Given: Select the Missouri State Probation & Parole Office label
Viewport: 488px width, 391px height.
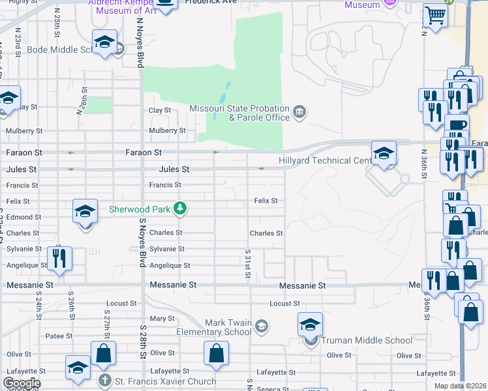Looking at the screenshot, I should pyautogui.click(x=239, y=113).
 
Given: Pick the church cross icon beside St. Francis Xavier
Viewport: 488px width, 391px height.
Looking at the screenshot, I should pyautogui.click(x=105, y=381).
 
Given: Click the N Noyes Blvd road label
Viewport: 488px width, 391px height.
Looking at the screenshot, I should pyautogui.click(x=140, y=42).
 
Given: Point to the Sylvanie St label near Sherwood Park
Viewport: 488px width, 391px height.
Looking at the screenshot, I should pyautogui.click(x=167, y=249).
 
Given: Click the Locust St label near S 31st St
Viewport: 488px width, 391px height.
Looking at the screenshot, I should pyautogui.click(x=284, y=304).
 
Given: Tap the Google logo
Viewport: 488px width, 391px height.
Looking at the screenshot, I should pyautogui.click(x=22, y=383).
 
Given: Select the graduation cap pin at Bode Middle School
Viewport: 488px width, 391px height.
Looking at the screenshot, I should pyautogui.click(x=104, y=43).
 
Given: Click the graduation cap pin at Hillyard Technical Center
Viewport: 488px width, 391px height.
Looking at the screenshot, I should pyautogui.click(x=384, y=154).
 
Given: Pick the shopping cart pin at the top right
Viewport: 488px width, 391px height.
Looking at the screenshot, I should pyautogui.click(x=435, y=15).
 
